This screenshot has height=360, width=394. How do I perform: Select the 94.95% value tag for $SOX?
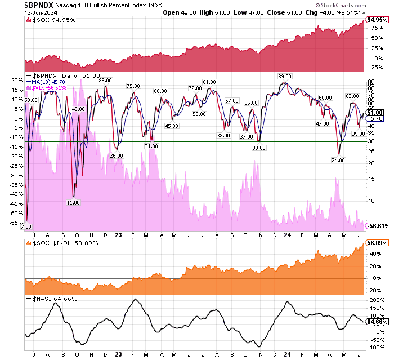click(x=377, y=20)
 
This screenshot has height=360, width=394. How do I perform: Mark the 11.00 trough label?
click(x=73, y=203)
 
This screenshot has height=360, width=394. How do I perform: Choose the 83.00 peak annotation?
click(x=105, y=81)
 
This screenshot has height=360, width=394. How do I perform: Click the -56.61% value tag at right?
click(x=378, y=226)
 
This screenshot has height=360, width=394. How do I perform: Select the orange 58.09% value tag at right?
click(x=377, y=243)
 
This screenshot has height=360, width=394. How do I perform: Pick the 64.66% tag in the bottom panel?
click(x=377, y=322)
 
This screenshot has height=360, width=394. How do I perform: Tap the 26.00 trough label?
click(x=117, y=155)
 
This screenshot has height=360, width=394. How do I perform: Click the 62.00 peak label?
click(x=352, y=97)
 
